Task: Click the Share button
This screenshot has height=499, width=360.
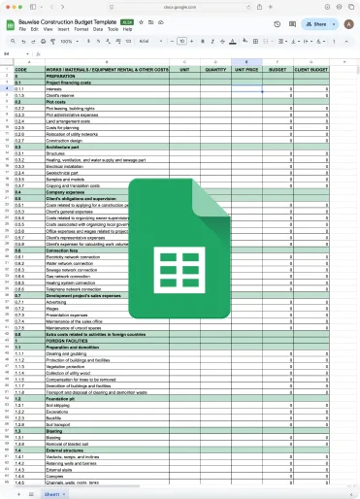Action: (x=316, y=22)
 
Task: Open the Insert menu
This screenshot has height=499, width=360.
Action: (x=64, y=29)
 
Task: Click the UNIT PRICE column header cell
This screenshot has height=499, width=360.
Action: (x=246, y=70)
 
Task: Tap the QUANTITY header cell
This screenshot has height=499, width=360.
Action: (x=216, y=70)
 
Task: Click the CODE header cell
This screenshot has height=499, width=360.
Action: (x=20, y=70)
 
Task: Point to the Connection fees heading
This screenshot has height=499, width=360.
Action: (x=65, y=250)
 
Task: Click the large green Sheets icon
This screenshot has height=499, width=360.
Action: (x=179, y=249)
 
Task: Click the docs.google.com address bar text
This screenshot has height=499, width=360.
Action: (x=180, y=5)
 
